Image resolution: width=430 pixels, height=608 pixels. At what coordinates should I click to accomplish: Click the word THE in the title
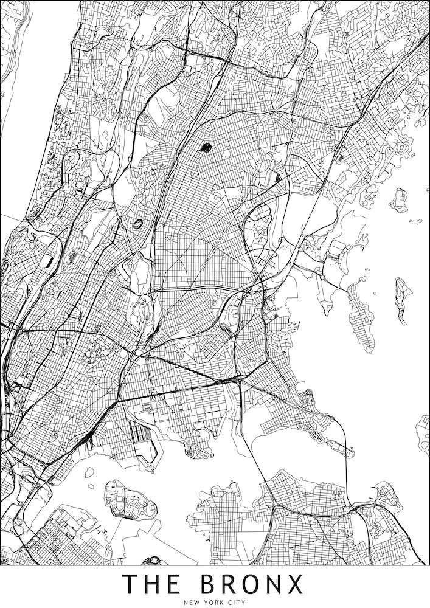152,584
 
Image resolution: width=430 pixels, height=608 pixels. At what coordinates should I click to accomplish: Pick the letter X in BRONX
294,584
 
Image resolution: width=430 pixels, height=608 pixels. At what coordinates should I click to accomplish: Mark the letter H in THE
152,584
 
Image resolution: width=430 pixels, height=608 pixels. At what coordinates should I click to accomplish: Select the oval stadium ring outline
139,224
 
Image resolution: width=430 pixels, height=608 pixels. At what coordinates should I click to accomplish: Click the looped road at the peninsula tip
346,451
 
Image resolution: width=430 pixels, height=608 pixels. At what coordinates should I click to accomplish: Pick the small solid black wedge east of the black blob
278,177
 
